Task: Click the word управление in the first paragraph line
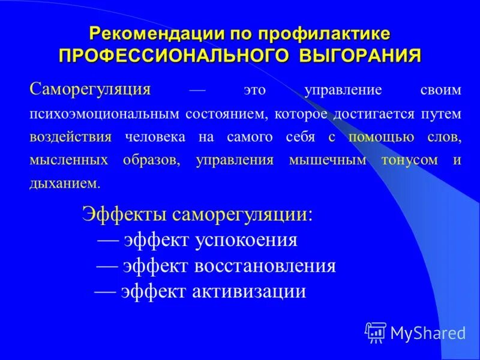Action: (343, 91)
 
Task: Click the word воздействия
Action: (71, 137)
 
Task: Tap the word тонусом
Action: (408, 160)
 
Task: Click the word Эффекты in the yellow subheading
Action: (125, 215)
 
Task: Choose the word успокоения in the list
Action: (246, 240)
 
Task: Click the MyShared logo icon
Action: (376, 332)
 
